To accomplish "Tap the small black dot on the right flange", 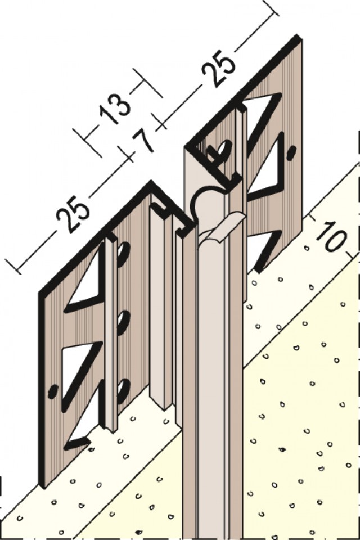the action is (291, 152).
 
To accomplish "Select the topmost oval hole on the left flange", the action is (123, 254).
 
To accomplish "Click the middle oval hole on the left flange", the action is (123, 322).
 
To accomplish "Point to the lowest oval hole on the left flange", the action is (123, 391).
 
